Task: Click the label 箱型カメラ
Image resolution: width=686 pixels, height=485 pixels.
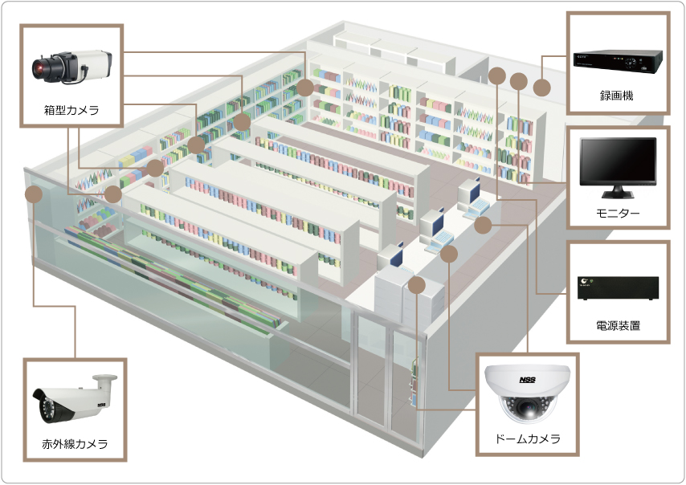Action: tap(71, 110)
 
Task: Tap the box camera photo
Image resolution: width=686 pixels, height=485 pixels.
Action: tap(71, 66)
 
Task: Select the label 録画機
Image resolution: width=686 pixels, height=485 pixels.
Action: tap(617, 96)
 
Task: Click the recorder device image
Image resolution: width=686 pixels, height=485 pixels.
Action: tap(617, 59)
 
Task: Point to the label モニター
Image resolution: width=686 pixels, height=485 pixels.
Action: tap(617, 214)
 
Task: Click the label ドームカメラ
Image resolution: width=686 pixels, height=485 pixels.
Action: tap(527, 439)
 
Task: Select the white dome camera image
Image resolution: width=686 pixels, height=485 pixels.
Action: tap(527, 393)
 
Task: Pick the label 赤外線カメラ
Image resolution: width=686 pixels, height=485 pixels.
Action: tap(75, 443)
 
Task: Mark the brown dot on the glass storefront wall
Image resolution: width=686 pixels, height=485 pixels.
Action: tap(35, 194)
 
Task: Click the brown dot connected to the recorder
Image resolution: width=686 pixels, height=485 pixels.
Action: tap(542, 86)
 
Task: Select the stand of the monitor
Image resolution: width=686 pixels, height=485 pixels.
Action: tap(618, 193)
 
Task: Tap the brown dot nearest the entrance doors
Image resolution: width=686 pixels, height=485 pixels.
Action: tap(416, 285)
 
